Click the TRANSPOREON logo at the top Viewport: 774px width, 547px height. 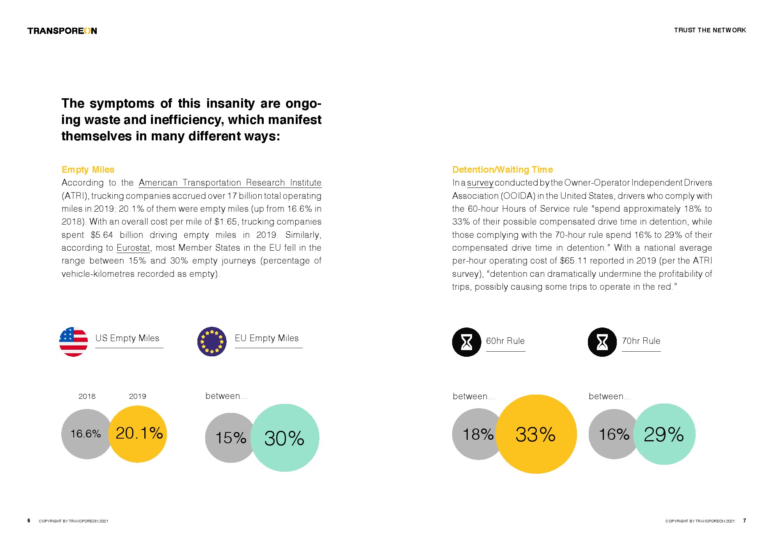(62, 31)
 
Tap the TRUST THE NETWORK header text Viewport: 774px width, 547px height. (710, 30)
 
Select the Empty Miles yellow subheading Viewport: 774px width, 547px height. (88, 170)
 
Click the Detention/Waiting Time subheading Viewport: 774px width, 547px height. (502, 170)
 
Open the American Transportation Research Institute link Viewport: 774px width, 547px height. (230, 183)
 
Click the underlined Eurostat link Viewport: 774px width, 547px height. (133, 248)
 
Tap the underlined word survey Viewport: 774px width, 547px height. (480, 183)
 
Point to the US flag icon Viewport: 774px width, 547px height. (73, 342)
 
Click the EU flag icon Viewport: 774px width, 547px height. (212, 342)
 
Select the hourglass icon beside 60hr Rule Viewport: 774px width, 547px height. (466, 342)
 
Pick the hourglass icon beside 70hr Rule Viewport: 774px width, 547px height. (602, 342)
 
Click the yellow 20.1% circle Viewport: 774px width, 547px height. (138, 434)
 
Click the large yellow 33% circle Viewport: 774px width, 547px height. (536, 434)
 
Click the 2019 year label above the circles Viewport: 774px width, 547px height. (137, 397)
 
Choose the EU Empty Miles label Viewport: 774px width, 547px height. (266, 338)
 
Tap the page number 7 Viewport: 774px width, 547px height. (744, 520)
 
